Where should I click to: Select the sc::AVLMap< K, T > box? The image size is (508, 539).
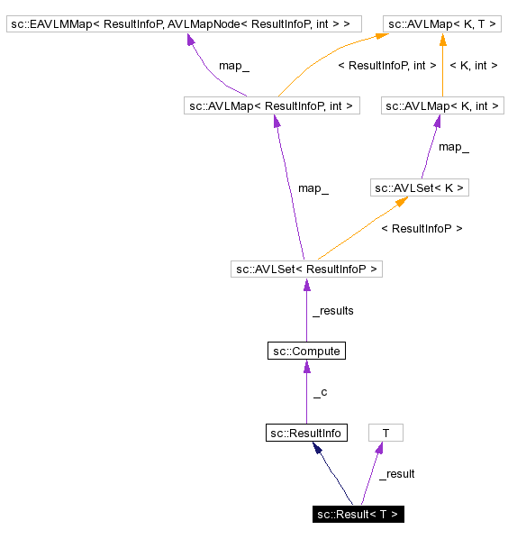442,23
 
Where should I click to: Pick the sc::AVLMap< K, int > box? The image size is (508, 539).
442,106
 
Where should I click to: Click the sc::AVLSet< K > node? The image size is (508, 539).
420,187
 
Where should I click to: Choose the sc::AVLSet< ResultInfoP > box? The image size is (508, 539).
306,269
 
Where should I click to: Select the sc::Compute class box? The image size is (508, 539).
306,351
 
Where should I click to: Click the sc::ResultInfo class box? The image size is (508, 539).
306,433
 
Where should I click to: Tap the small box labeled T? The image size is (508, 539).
386,433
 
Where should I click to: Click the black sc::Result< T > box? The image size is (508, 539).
358,514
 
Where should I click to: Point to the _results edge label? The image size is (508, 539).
332,311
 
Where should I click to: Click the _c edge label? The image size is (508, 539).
320,393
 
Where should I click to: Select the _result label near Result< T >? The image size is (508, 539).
396,474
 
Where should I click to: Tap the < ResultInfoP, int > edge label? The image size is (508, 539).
386,66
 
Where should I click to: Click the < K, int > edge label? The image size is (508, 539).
474,66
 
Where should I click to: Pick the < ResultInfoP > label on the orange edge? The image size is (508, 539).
422,229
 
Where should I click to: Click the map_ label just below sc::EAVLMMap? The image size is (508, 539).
233,66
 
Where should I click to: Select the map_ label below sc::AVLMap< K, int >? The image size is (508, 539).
453,147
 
